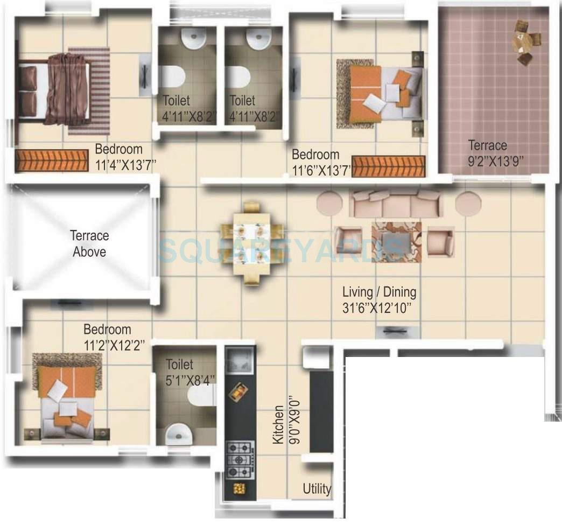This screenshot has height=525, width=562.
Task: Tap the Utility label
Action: (317, 489)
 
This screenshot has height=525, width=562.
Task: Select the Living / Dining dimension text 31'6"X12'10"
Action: (380, 308)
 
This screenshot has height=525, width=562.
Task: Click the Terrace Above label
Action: (89, 243)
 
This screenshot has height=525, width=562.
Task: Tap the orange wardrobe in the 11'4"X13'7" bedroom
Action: (51, 160)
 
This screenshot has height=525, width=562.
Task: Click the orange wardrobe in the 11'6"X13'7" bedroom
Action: (389, 166)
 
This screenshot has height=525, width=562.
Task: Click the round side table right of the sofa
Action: (467, 204)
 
